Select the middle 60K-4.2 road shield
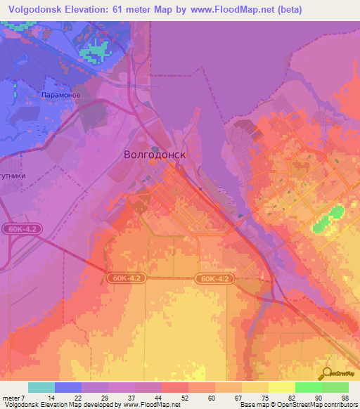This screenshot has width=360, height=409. [x=127, y=278]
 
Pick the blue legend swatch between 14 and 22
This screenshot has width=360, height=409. [x=68, y=387]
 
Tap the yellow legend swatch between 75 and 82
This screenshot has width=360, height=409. [x=282, y=387]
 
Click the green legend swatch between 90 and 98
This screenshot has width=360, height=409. [x=335, y=387]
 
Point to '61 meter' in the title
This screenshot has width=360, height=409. [x=124, y=9]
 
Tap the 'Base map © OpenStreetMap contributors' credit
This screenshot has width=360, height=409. [x=298, y=405]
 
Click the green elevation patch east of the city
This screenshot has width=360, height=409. [x=328, y=218]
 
